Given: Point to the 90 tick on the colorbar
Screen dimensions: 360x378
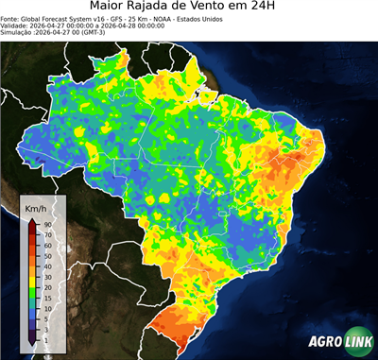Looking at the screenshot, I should pyautogui.click(x=46, y=224).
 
